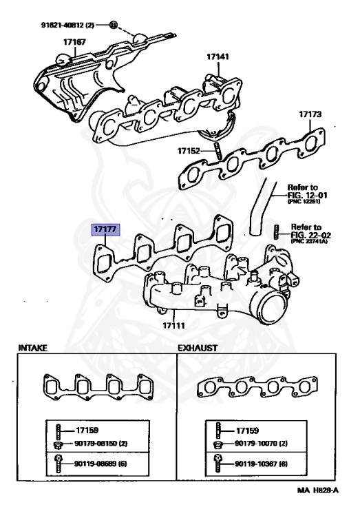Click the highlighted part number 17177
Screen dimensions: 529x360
click(x=106, y=229)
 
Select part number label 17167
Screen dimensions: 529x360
click(x=74, y=42)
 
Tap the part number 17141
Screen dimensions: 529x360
click(x=218, y=58)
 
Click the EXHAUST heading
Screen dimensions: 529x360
click(x=198, y=349)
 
